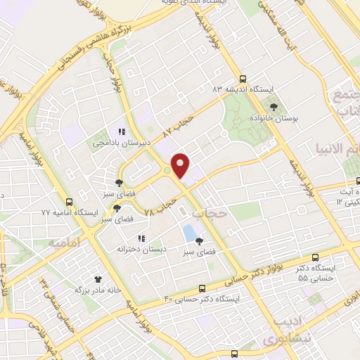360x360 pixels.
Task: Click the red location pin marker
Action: coord(181,166)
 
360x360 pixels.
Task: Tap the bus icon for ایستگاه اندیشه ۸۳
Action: coord(243,79)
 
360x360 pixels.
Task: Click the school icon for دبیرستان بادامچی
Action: coord(122,131)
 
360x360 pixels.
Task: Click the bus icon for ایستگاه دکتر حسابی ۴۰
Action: coord(202,288)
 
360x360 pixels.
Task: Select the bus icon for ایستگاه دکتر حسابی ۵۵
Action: coord(315,257)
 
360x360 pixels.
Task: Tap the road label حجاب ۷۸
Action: coord(160,205)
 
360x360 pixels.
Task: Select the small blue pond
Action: coord(189,231)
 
